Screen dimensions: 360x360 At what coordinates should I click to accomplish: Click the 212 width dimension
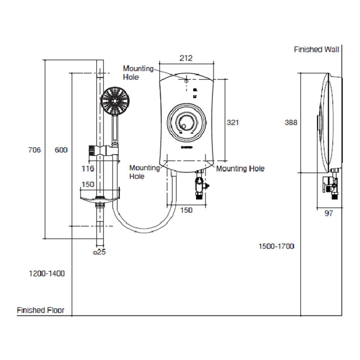[186, 58]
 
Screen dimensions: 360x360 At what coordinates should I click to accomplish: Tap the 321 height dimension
[233, 122]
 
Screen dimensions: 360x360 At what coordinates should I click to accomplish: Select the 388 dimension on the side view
[291, 122]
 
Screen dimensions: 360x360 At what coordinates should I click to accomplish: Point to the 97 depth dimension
[329, 213]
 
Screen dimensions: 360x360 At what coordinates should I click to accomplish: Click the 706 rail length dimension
[35, 150]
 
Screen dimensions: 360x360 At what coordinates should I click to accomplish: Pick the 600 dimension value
[61, 150]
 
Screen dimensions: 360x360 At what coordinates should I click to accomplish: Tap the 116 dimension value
[88, 168]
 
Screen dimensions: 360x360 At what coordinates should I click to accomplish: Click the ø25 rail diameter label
[99, 252]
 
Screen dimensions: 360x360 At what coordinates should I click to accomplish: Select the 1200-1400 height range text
[47, 274]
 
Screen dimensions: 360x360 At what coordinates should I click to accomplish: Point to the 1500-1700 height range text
[276, 246]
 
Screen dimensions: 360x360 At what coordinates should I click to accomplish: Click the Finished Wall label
[316, 50]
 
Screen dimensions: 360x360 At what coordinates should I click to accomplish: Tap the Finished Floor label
[40, 310]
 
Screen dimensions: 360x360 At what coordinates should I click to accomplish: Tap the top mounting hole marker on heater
[186, 80]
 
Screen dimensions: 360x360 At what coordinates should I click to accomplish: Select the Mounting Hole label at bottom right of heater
[240, 168]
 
